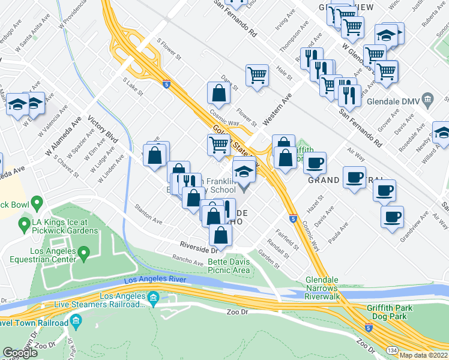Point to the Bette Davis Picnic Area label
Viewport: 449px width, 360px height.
point(229,266)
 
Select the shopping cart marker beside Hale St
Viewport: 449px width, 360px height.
point(257,76)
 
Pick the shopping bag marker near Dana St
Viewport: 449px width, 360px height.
point(218,93)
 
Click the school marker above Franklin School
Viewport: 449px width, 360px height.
point(244,172)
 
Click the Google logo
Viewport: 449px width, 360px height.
point(20,353)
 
